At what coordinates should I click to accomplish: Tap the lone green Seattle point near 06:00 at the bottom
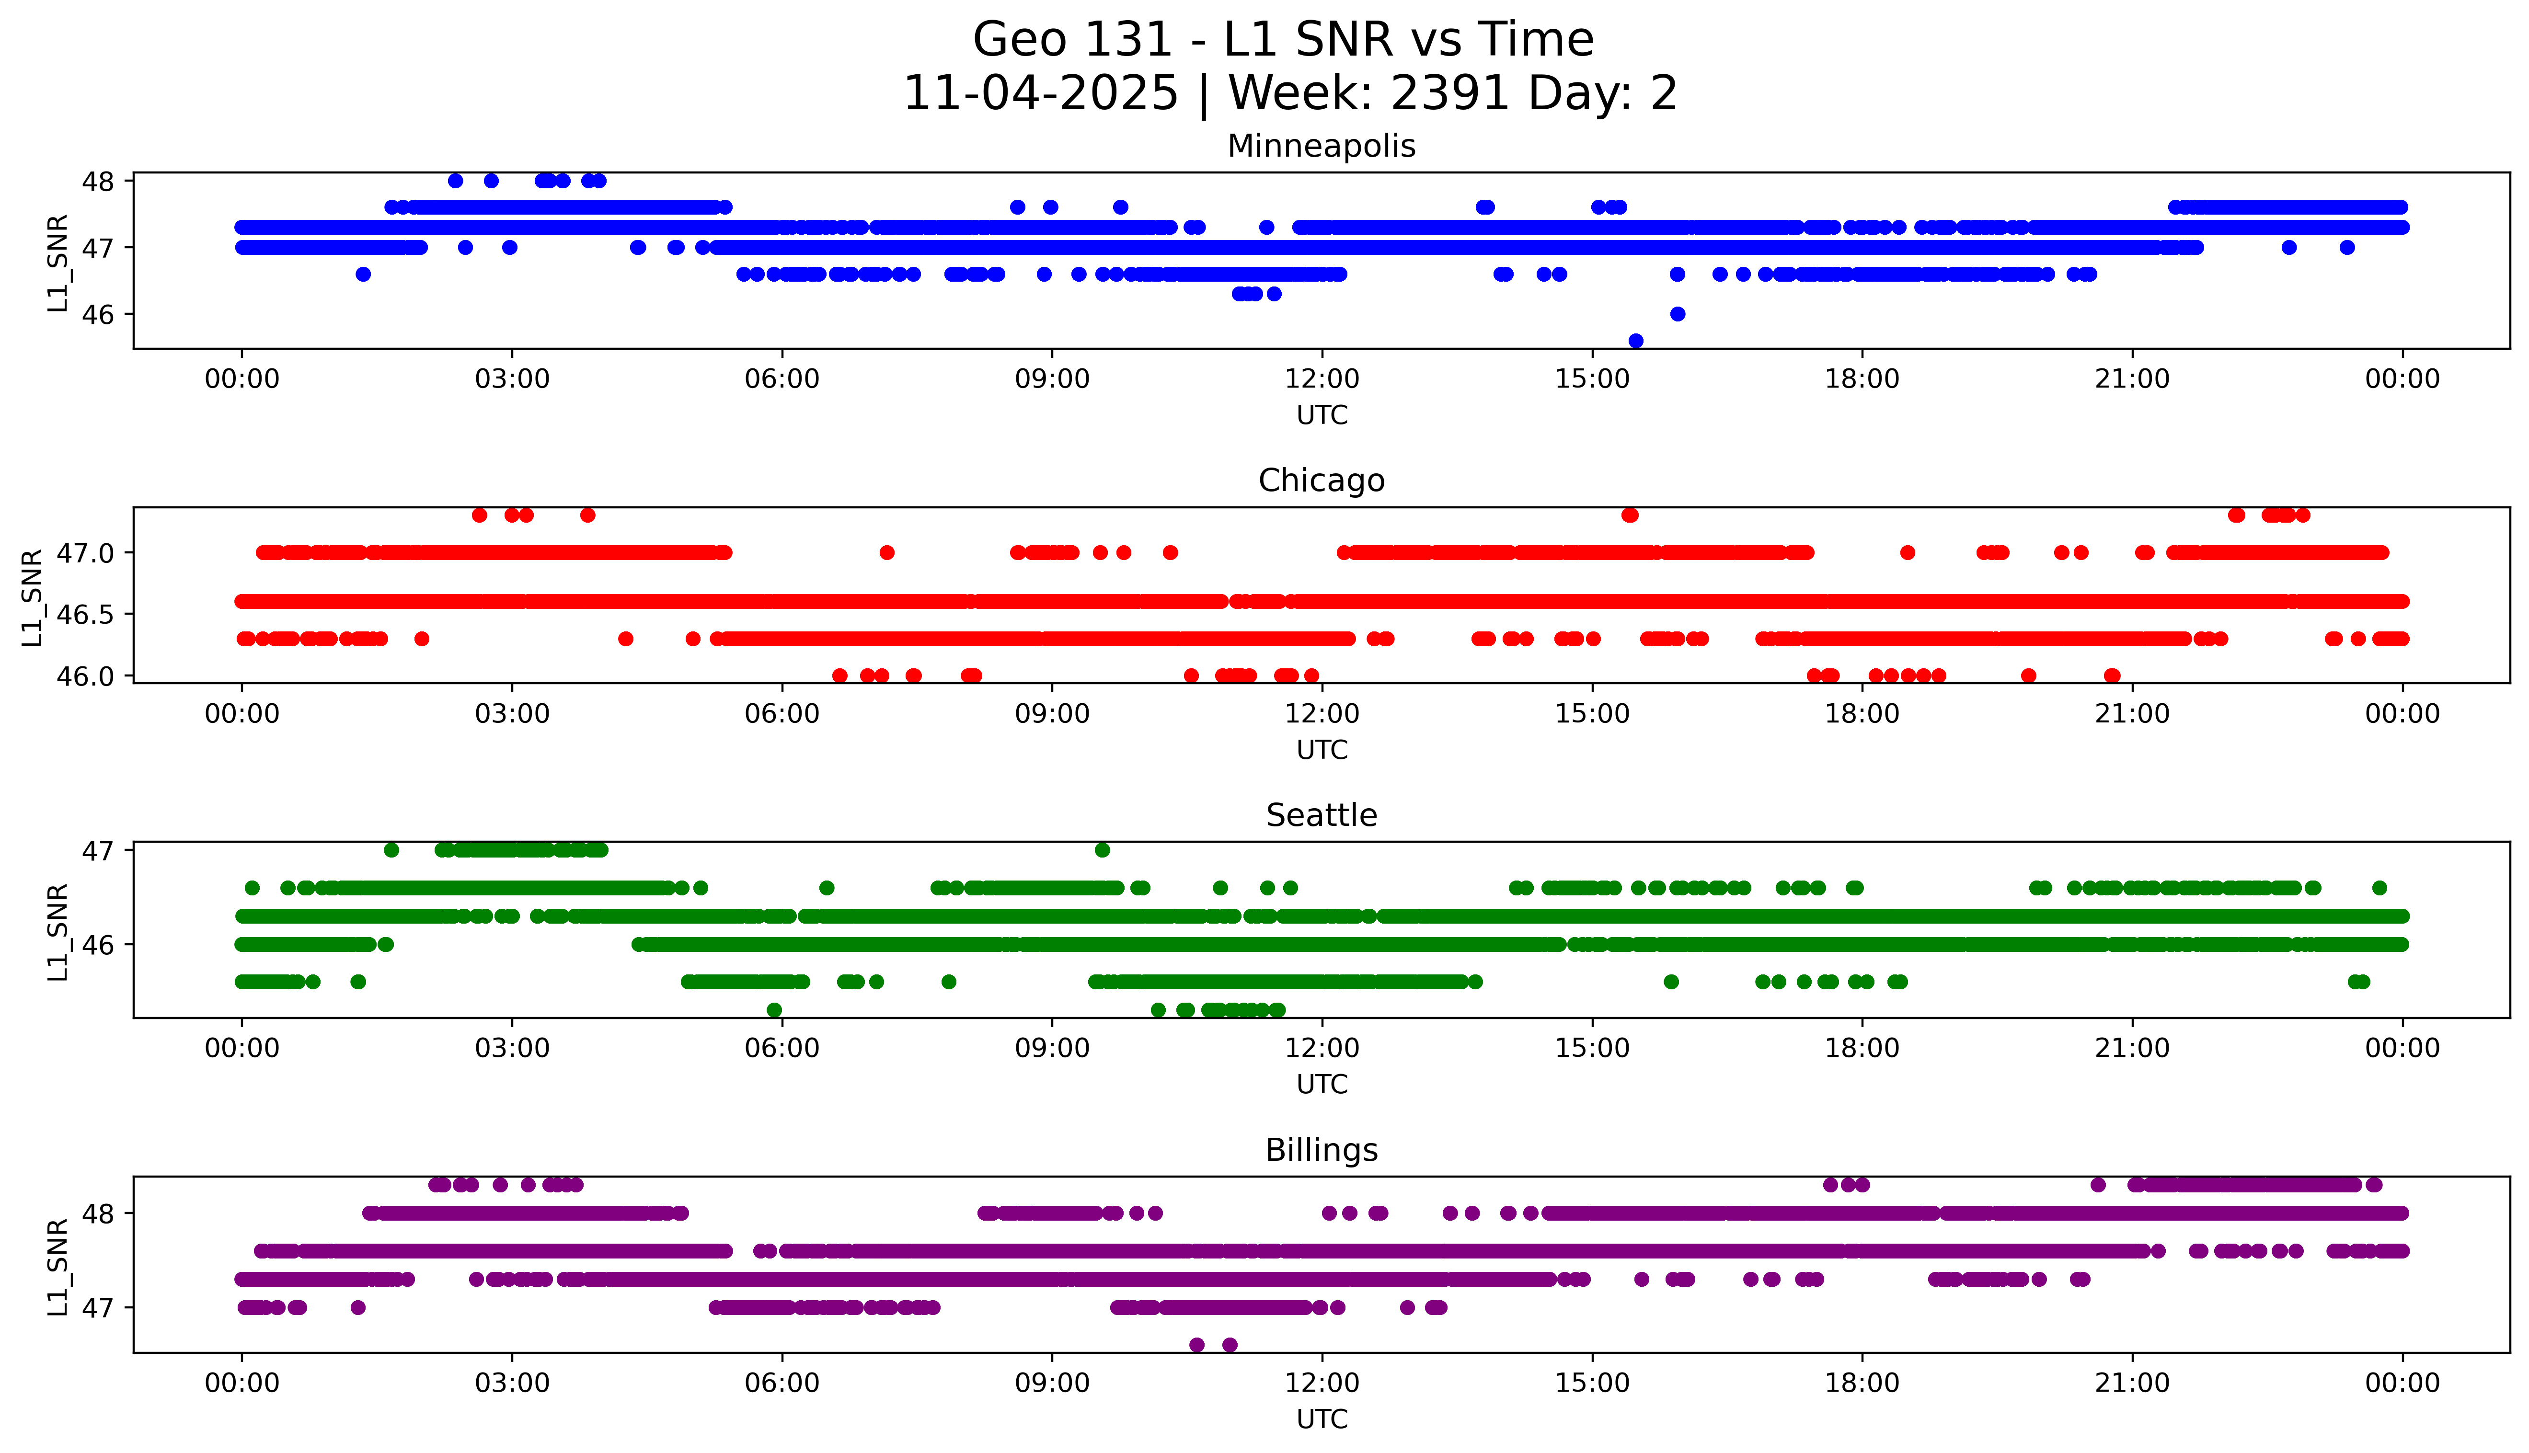pos(774,1010)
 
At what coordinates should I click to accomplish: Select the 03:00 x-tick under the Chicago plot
pos(512,715)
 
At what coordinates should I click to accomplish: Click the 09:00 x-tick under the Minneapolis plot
pos(1052,379)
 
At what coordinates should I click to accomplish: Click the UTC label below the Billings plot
pos(1322,1419)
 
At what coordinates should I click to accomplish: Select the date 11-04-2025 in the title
pos(1041,94)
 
